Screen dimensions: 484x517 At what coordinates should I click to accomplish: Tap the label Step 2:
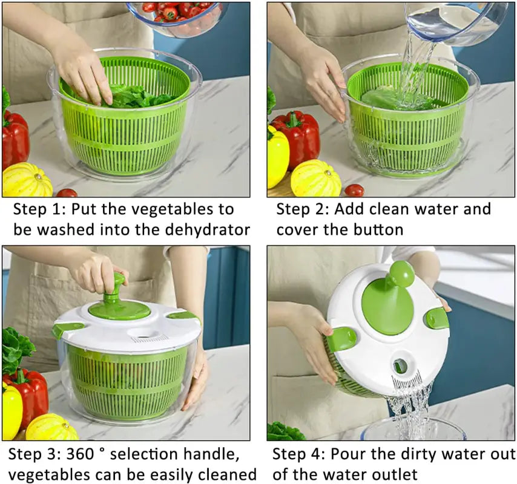click(x=301, y=210)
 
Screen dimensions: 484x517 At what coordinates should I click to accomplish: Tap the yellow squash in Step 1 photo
click(x=27, y=180)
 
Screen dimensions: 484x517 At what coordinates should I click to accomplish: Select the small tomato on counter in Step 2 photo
click(x=355, y=190)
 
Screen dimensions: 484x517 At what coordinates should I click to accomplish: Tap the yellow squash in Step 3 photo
click(x=51, y=428)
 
